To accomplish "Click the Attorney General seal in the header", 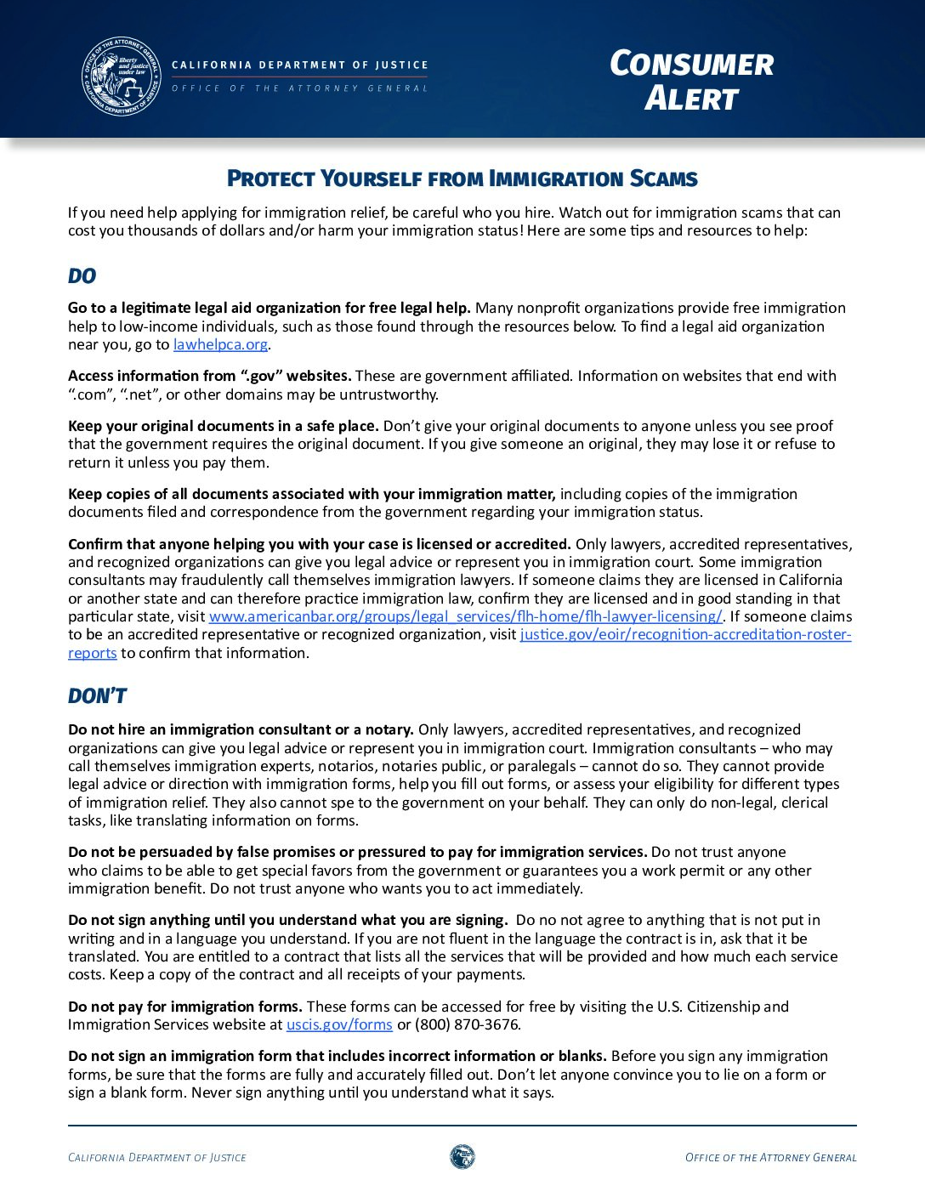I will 121,76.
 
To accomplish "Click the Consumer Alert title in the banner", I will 691,81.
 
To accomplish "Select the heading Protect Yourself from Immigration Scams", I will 462,179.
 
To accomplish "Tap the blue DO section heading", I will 82,276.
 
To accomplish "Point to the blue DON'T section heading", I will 97,696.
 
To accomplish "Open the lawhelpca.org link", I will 220,344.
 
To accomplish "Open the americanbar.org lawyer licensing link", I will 465,616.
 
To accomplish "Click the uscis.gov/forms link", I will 339,1024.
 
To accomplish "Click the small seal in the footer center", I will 462,1156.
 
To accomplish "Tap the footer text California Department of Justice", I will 157,1157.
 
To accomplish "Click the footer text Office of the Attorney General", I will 770,1157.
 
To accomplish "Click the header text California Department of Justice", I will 299,65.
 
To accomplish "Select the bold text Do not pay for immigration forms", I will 185,1007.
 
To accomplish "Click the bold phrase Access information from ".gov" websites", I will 209,376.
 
